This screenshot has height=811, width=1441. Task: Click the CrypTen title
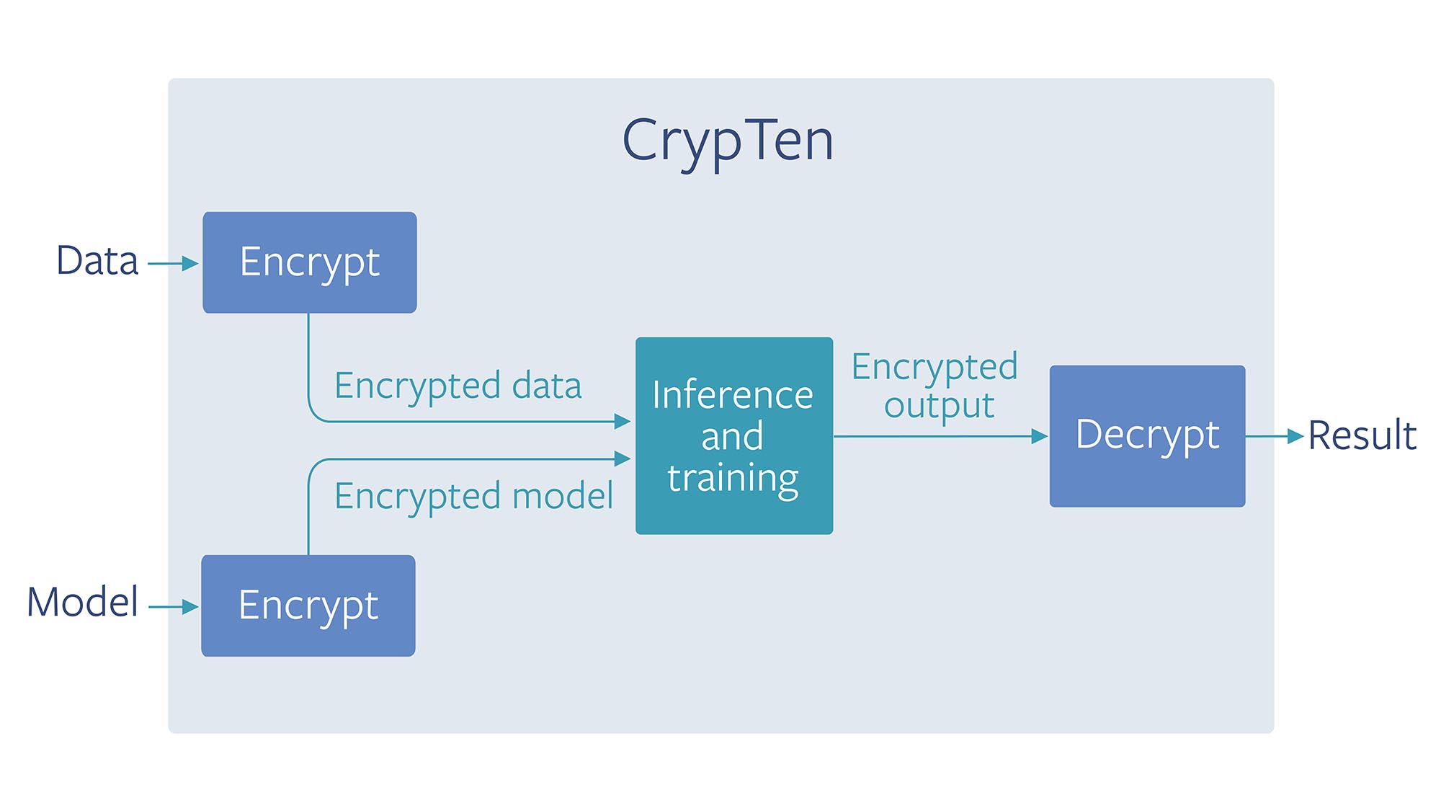728,141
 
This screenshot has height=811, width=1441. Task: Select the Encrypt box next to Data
310,262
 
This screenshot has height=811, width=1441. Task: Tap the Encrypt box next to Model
308,606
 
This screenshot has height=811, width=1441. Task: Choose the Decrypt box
1147,436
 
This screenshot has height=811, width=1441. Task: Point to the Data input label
97,261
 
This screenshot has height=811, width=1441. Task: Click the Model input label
82,603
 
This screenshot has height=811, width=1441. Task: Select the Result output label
1362,435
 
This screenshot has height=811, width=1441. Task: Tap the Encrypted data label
458,386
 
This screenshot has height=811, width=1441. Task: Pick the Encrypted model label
473,496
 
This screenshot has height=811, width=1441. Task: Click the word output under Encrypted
939,405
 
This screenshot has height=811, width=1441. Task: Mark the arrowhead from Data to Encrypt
190,264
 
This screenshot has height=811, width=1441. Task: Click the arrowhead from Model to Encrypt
190,607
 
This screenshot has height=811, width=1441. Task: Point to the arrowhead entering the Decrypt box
1039,436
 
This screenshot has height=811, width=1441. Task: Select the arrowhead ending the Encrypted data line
623,422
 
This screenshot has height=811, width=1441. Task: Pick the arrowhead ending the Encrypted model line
623,458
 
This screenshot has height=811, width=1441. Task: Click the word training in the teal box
733,478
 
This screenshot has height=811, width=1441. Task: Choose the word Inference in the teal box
733,395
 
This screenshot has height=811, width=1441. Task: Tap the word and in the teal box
732,437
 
